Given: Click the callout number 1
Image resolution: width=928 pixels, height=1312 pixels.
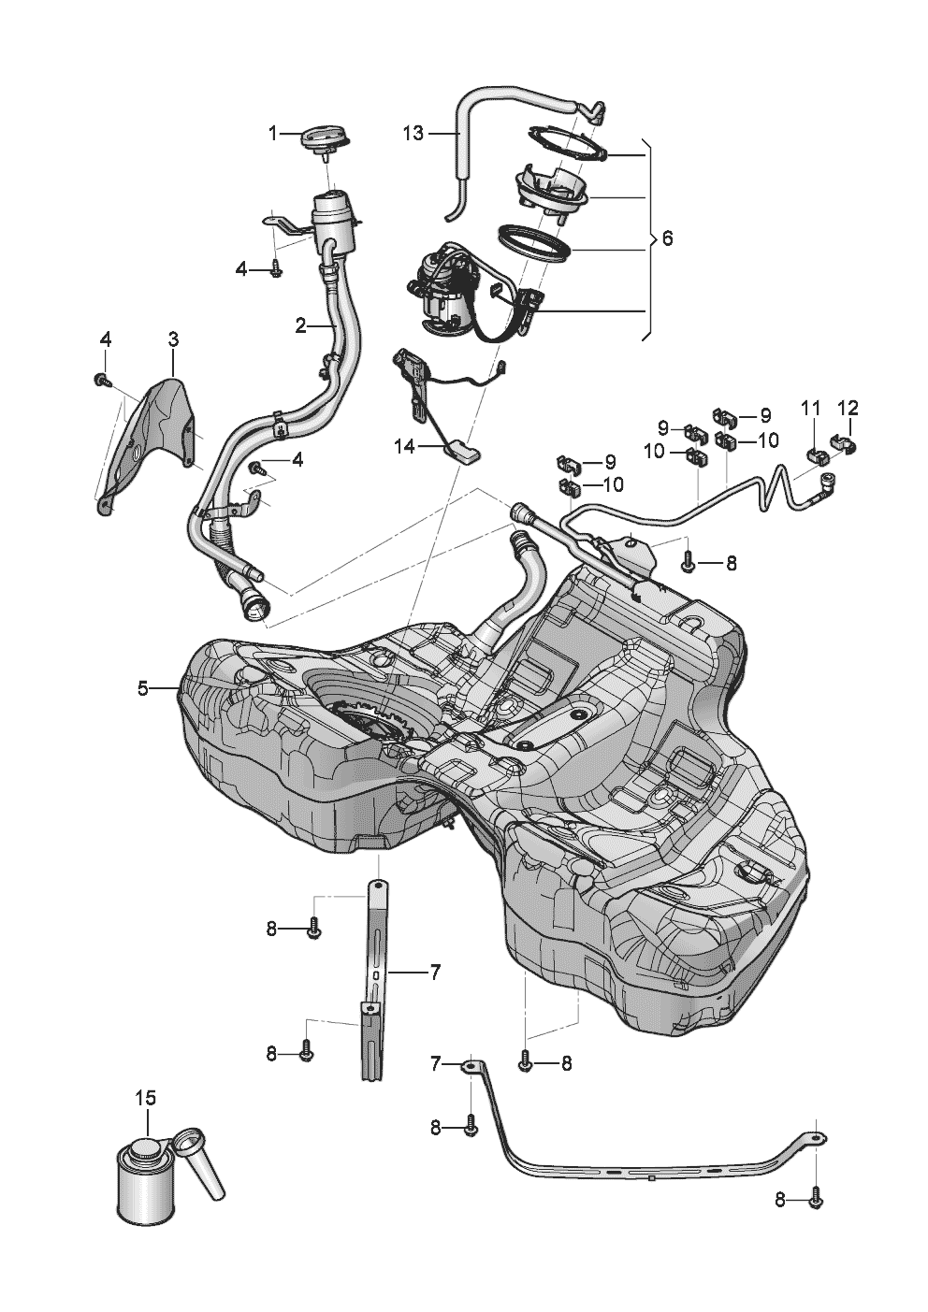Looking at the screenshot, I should point(273,134).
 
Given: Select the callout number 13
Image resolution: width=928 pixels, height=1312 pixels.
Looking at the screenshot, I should point(413,134).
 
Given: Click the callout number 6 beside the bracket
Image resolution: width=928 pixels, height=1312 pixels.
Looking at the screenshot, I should point(667,238).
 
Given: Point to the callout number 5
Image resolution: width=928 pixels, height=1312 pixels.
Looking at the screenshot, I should point(142,688).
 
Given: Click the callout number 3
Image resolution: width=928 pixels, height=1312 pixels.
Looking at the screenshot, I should point(173,337).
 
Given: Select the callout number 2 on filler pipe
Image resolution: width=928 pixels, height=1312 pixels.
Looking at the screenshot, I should point(300,325).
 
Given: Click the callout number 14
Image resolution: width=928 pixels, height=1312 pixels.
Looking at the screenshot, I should point(404,447).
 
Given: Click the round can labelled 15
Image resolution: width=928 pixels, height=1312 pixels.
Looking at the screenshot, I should point(139,1183).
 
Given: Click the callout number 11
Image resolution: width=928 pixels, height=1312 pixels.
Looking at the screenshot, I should point(810,408).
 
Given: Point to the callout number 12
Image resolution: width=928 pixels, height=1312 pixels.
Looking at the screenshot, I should point(848,408).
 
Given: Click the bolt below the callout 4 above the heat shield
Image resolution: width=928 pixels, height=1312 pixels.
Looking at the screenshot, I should point(100,380).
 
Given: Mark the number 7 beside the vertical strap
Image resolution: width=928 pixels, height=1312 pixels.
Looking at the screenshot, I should point(435,972).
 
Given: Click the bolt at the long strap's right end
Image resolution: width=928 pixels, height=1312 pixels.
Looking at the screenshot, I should point(816,1195).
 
